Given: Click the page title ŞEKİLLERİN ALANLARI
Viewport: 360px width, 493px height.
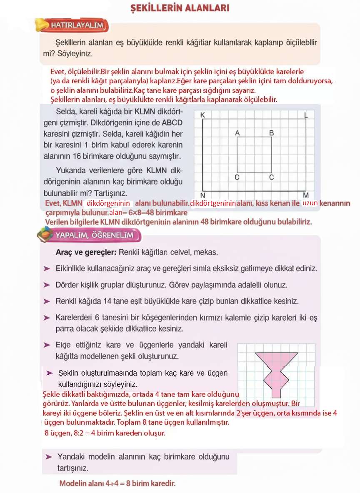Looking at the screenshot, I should coord(180,8).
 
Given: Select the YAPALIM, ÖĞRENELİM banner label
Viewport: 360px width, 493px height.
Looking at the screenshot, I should coord(94,236).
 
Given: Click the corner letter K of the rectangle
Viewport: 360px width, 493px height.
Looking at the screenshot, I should coord(202,115).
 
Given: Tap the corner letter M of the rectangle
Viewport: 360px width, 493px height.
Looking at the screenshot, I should coord(306,195).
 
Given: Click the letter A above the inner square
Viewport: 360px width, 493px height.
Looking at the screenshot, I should coord(237,133).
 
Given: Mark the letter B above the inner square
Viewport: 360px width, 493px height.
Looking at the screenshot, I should coord(271,133).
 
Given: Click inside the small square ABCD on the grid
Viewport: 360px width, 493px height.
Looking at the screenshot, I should coord(254,155).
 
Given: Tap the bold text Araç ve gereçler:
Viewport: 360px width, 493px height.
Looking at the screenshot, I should coord(86,252).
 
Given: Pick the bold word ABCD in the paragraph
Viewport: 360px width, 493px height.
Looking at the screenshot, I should coord(172,123).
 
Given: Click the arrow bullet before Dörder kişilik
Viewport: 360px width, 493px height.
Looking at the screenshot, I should coord(47,285).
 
